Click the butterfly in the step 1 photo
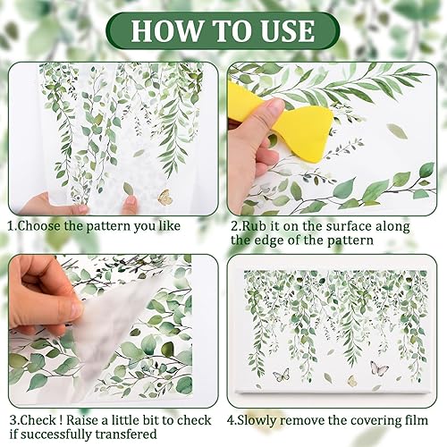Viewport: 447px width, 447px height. tap(165, 197)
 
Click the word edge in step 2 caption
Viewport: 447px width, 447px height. tap(268, 240)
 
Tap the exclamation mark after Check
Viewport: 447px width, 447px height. tap(61, 420)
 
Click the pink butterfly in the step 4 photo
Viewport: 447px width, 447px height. tap(379, 367)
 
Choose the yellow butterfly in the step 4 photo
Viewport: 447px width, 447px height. tap(352, 381)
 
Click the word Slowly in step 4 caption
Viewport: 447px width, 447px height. tap(257, 420)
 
